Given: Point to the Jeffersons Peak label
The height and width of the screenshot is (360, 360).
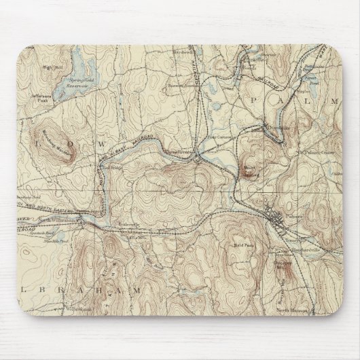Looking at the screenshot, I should (x=40, y=103).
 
